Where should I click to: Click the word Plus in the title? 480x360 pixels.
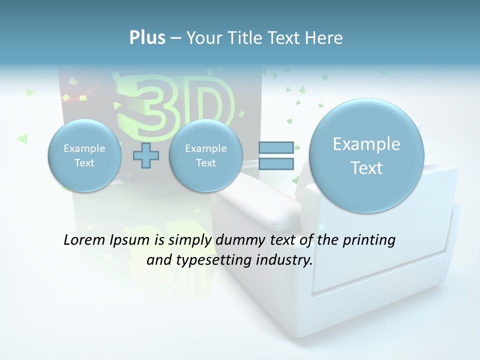click(147, 37)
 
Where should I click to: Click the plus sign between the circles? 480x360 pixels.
click(146, 156)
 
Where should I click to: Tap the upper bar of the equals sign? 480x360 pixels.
click(276, 147)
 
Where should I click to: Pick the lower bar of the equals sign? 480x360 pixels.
click(276, 164)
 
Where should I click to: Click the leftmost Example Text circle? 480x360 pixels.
click(84, 155)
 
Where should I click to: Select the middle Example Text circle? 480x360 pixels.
click(205, 155)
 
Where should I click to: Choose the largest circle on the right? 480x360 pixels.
click(366, 155)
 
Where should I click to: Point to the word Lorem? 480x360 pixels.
click(82, 240)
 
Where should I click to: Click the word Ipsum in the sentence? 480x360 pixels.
click(130, 240)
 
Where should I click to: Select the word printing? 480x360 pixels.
click(368, 240)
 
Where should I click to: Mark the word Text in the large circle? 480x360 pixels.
click(366, 168)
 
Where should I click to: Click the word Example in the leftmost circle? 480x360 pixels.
click(84, 148)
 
